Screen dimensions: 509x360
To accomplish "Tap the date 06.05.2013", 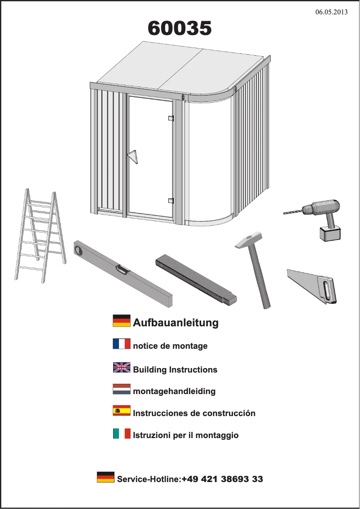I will point(331,12).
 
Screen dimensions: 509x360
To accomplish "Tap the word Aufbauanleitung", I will point(176,322).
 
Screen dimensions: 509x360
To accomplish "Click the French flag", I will point(121,344).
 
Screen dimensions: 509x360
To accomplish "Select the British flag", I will point(121,368).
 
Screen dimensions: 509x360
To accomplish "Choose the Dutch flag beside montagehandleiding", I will point(121,389).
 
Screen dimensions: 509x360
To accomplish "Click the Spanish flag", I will point(121,411).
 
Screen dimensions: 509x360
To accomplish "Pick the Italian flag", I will point(121,434).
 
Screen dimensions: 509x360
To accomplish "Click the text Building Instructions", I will point(175,370).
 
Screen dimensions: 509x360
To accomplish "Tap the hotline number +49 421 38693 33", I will point(222,479).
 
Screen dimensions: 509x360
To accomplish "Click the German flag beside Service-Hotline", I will point(105,477).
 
